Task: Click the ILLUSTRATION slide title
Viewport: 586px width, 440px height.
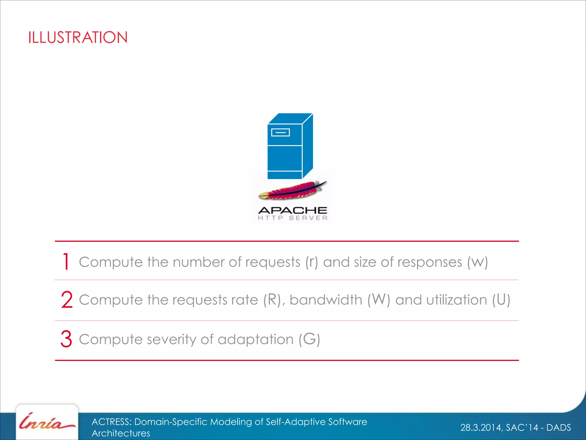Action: [x=78, y=38]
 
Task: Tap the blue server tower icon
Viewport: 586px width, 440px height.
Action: [x=290, y=146]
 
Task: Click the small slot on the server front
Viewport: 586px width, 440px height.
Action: [x=280, y=132]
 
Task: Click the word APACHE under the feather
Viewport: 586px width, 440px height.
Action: [x=292, y=211]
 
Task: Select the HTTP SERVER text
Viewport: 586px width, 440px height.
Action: [x=292, y=218]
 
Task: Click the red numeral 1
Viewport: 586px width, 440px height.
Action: [x=66, y=262]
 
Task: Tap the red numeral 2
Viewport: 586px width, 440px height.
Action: [x=67, y=300]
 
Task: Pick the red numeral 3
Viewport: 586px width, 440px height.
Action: [x=66, y=339]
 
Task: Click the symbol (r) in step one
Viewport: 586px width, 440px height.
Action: [x=312, y=262]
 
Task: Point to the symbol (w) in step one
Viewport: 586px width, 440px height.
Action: [x=477, y=262]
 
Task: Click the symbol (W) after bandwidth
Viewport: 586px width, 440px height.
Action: [x=379, y=300]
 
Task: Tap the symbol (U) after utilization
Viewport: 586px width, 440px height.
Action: [x=501, y=300]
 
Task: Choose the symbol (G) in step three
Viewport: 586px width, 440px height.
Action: [x=309, y=339]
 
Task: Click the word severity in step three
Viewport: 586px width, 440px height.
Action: [x=171, y=339]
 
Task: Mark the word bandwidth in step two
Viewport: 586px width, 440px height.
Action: [x=326, y=300]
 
